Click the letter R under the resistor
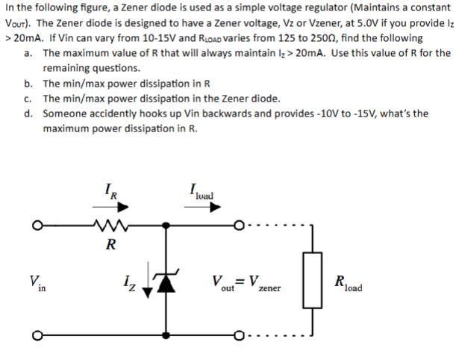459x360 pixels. pyautogui.click(x=110, y=243)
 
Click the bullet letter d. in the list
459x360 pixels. pyautogui.click(x=28, y=114)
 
